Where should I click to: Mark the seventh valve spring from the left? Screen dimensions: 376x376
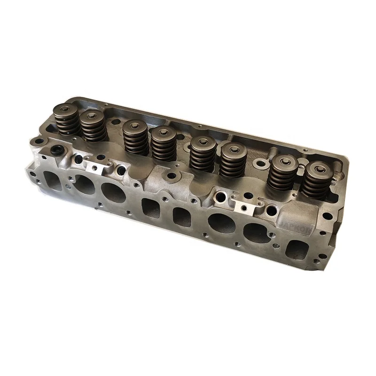pyautogui.click(x=282, y=172)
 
